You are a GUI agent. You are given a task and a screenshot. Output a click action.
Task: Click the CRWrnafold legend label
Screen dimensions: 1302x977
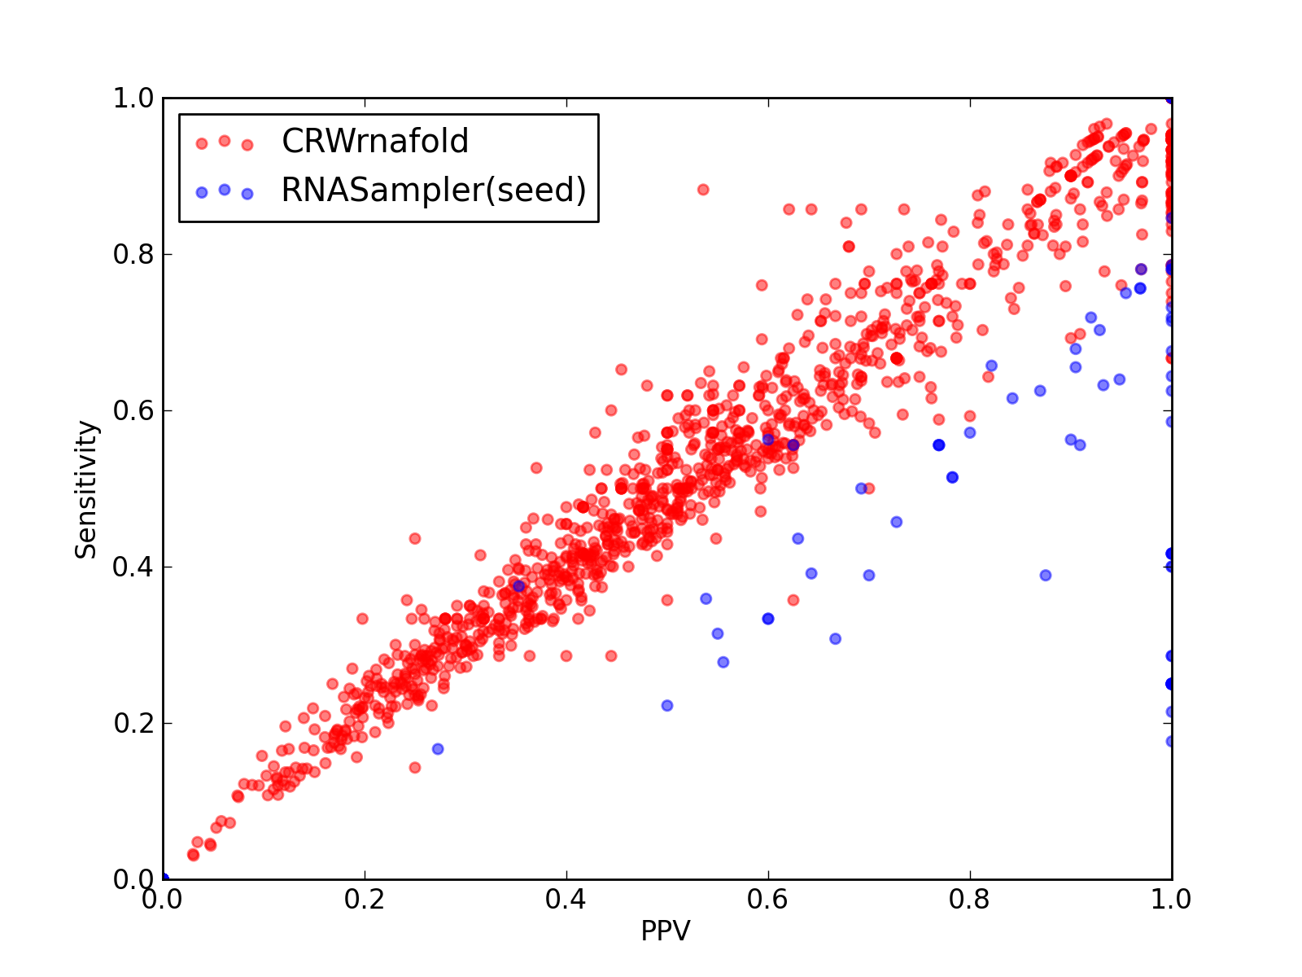[x=375, y=141]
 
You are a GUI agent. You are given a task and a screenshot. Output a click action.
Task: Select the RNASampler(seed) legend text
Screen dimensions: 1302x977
[x=434, y=191]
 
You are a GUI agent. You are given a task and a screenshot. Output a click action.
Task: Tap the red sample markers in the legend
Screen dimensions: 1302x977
[x=225, y=142]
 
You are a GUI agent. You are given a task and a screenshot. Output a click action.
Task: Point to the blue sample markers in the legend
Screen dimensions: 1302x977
[x=225, y=191]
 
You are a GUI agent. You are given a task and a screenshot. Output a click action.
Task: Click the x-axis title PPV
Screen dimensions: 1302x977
[x=666, y=931]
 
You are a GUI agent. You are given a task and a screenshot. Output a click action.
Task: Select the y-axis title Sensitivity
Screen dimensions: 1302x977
[x=86, y=490]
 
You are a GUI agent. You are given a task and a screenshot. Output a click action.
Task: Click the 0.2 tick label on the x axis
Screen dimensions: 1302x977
[x=365, y=900]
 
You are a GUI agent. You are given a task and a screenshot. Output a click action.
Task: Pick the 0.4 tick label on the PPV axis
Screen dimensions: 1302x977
[x=566, y=900]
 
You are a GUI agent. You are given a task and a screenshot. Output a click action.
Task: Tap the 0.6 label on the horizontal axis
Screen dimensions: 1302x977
[x=767, y=900]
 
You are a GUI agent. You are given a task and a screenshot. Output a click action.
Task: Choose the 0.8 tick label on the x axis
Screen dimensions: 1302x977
[x=969, y=900]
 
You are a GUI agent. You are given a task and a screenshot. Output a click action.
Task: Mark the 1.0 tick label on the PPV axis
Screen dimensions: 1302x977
[x=1171, y=900]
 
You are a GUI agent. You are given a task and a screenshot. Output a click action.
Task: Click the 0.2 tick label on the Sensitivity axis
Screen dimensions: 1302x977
[x=133, y=723]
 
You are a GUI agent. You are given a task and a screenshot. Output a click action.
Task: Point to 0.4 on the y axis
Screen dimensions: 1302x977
[x=133, y=567]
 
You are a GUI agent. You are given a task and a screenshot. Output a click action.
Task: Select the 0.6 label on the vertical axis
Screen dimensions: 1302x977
[x=133, y=410]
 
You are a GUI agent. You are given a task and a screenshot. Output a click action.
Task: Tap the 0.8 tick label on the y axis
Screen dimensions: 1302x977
[x=133, y=255]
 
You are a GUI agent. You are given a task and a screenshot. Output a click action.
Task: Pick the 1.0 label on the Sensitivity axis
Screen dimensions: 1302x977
[x=133, y=98]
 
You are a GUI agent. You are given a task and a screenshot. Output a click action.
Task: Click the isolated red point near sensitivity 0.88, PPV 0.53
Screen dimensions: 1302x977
[x=703, y=190]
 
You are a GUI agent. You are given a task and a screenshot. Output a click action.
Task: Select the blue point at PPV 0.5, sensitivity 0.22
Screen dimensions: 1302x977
[x=667, y=705]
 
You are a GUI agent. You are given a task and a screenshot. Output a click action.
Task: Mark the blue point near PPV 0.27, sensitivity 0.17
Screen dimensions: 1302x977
[x=438, y=748]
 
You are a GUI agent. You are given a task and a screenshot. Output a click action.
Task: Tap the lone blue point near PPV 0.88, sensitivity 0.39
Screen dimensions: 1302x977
[x=1046, y=576]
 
